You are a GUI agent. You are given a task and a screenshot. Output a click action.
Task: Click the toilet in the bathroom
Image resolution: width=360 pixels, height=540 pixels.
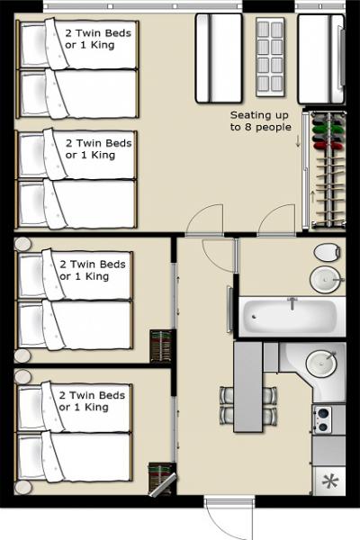pyautogui.click(x=326, y=251)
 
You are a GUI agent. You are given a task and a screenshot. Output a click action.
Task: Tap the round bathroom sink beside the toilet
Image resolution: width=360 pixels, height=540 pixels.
pyautogui.click(x=325, y=279)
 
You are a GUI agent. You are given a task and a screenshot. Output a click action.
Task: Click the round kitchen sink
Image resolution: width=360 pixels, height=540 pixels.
pyautogui.click(x=321, y=364)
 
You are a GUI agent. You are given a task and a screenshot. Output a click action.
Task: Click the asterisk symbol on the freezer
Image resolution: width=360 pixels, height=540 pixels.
pyautogui.click(x=329, y=481)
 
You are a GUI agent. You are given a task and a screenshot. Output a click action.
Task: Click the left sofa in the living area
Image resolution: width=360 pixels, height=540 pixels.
pyautogui.click(x=219, y=58)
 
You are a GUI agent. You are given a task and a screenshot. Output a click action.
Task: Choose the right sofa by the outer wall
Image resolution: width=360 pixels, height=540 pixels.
pyautogui.click(x=320, y=58)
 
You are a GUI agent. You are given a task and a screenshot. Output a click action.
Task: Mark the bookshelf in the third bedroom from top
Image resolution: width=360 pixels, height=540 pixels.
pyautogui.click(x=162, y=346)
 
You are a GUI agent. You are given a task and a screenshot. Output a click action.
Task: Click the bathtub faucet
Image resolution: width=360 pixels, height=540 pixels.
pyautogui.click(x=291, y=302)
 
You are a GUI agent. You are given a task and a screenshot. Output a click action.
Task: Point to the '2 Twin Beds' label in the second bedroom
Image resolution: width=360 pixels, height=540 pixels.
pyautogui.click(x=98, y=143)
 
